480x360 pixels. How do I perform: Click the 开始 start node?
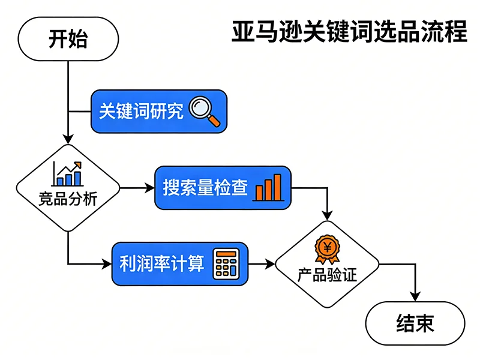coord(68,39)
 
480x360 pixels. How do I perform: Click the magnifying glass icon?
coord(204,112)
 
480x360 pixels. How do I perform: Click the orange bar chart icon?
coord(268,188)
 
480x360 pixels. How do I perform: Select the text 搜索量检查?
coord(205,188)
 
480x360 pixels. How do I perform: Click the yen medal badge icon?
coord(328,247)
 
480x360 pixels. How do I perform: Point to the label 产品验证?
coord(328,275)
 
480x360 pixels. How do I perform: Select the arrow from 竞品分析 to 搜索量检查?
coord(137,188)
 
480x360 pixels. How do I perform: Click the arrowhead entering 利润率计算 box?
coord(107,263)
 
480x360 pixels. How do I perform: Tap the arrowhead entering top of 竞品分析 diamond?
coord(68,139)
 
